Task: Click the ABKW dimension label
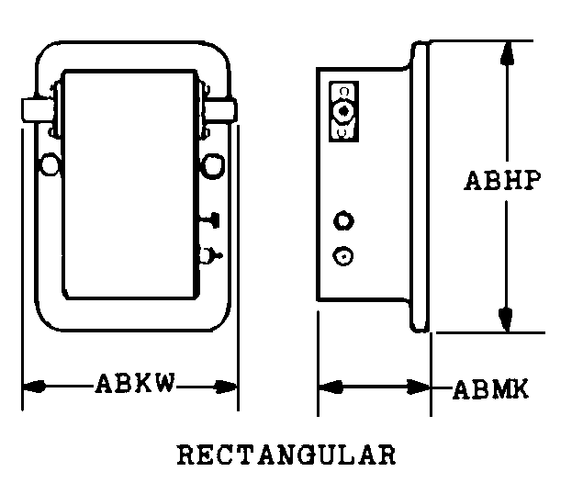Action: pos(135,384)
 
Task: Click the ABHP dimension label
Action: pos(502,181)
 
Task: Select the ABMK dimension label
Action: pos(491,390)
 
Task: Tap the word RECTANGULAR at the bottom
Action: pos(286,455)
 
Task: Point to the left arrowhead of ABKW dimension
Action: pos(34,387)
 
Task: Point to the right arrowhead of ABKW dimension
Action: pos(226,387)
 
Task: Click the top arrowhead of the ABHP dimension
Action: pos(507,54)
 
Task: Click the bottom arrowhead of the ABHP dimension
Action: pos(506,320)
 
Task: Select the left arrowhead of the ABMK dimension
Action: pos(331,387)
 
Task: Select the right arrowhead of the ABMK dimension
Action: pos(419,387)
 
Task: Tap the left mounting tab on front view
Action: pos(37,110)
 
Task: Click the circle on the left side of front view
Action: pos(50,164)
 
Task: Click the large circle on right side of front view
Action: pos(213,165)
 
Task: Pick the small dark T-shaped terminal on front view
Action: pos(212,220)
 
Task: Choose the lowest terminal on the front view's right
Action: pos(209,256)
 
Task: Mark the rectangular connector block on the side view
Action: pos(344,111)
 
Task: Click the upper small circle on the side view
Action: pos(343,221)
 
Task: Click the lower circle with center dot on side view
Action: pos(342,256)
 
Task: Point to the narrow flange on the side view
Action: pos(420,186)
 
